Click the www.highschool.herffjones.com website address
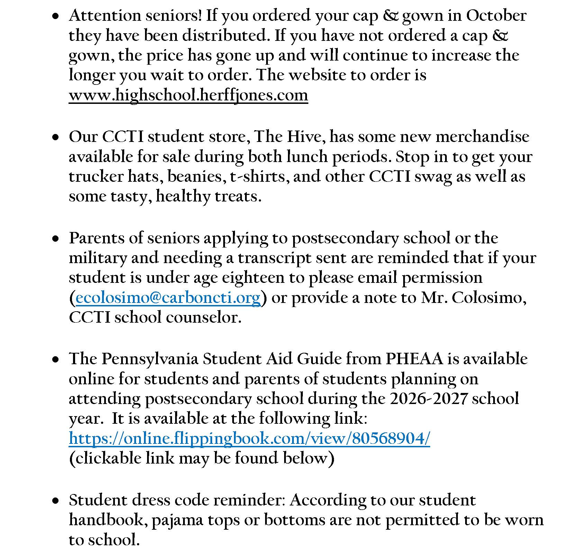click(188, 95)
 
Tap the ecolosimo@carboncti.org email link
click(168, 298)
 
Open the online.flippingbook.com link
click(249, 439)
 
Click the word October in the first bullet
click(496, 16)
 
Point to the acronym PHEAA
click(414, 359)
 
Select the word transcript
click(275, 258)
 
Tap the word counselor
click(203, 317)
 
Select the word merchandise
click(482, 137)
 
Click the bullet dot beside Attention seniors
click(55, 16)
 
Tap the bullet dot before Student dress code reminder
click(55, 501)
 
